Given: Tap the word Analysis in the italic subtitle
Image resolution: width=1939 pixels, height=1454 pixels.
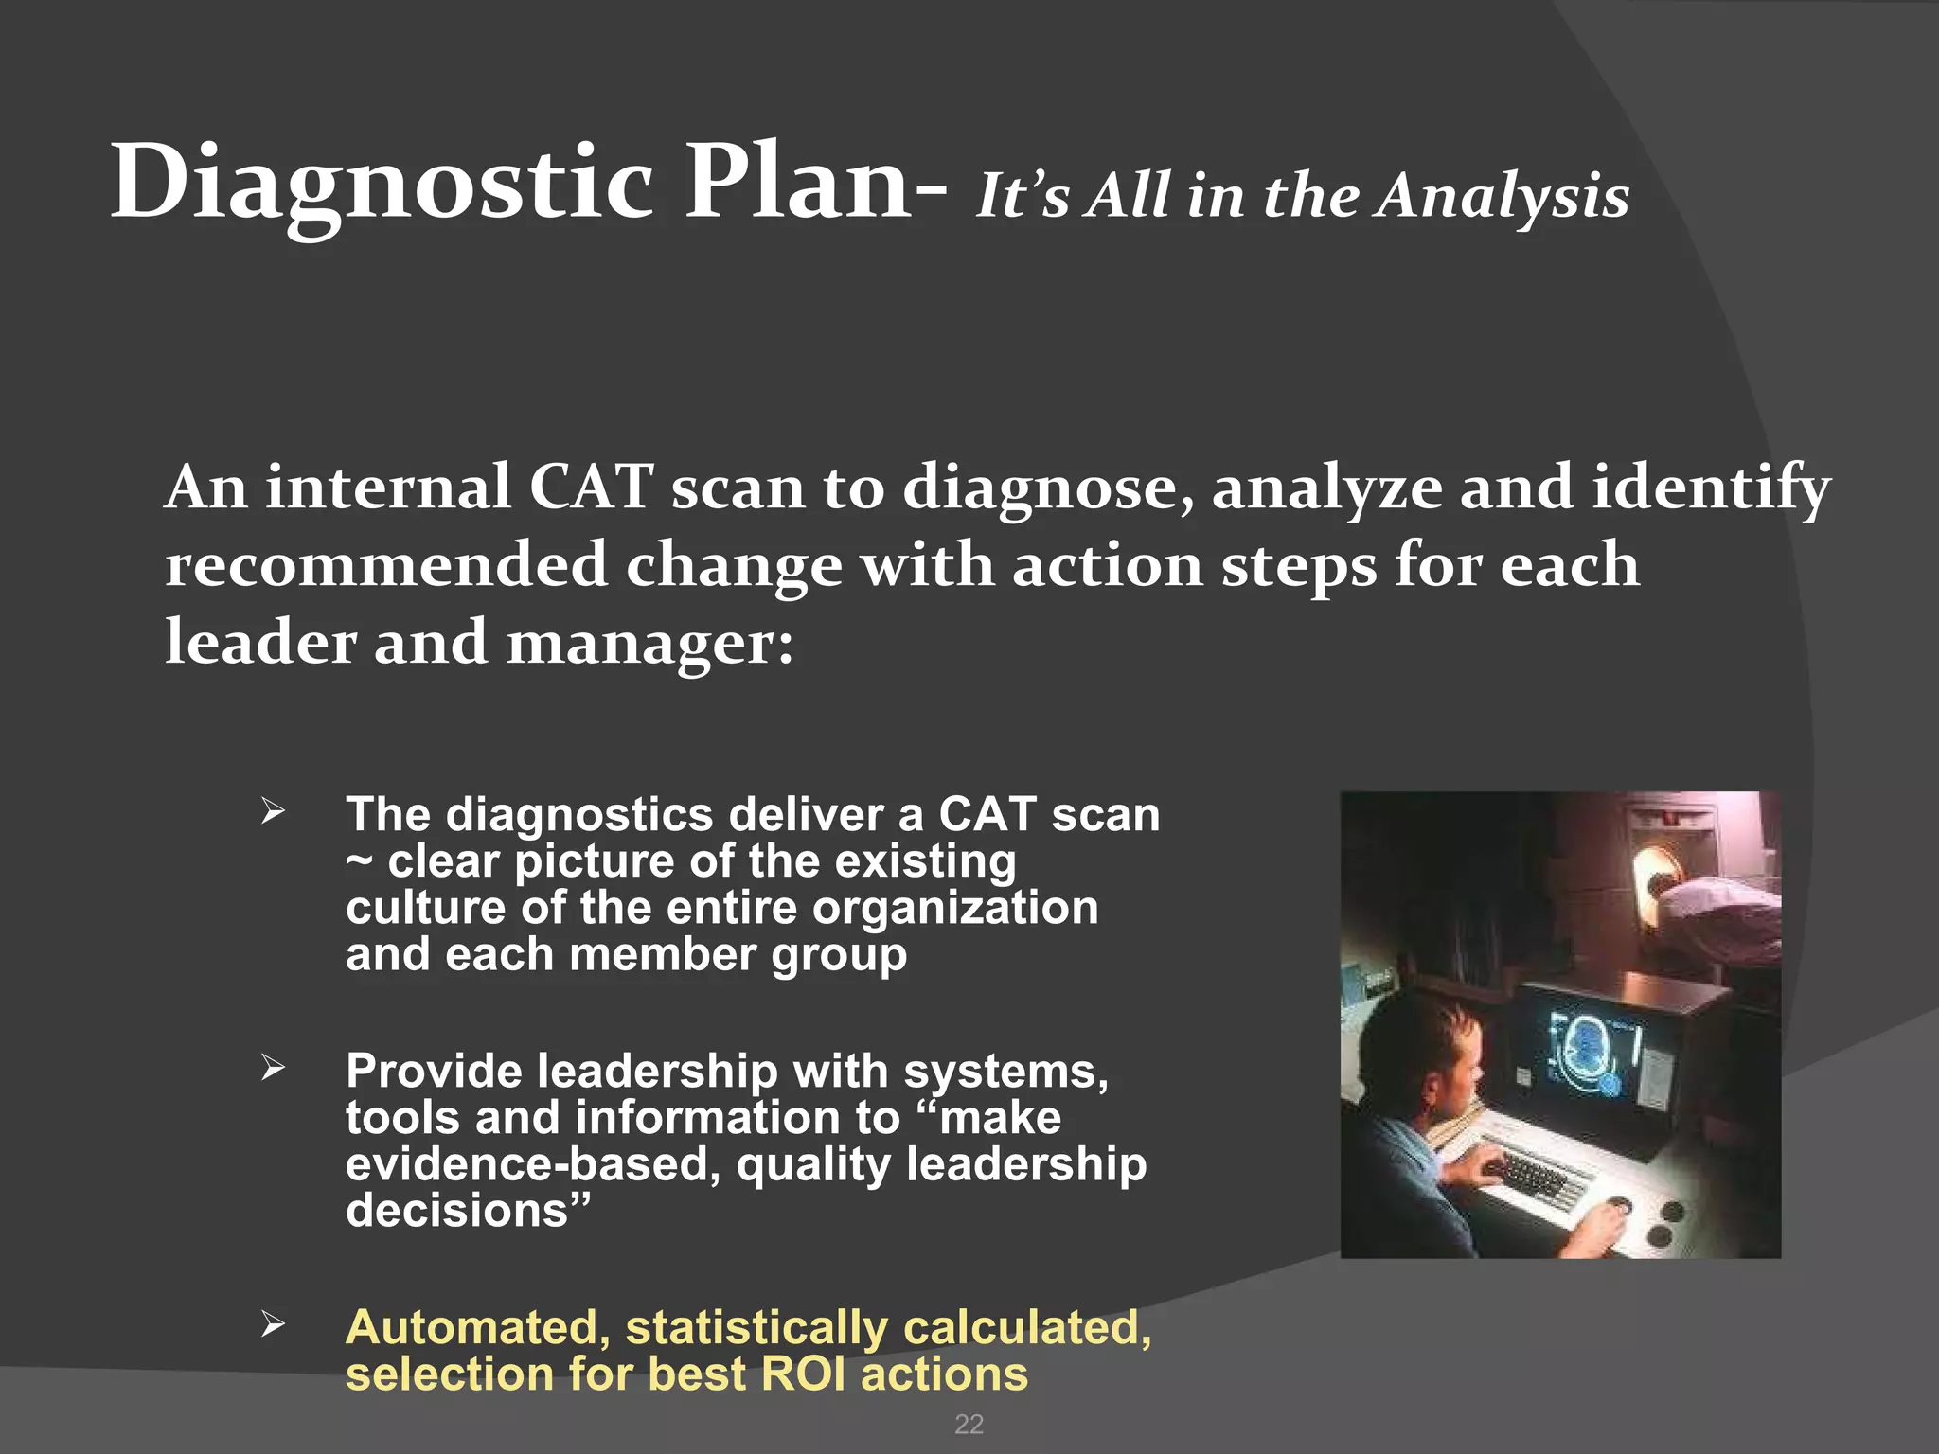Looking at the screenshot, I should click(1503, 197).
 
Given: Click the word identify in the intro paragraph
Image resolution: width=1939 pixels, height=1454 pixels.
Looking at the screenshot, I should click(1712, 489).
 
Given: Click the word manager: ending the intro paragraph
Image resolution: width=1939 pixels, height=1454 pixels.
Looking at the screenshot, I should click(650, 644).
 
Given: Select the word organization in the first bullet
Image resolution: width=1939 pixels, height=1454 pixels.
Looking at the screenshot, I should click(955, 908).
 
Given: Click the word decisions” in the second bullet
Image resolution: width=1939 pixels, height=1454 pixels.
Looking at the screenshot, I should click(468, 1211).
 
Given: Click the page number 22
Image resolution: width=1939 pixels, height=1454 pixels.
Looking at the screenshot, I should click(969, 1425).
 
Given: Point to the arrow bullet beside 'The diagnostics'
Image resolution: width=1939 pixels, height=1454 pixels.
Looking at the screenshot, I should click(273, 811).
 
